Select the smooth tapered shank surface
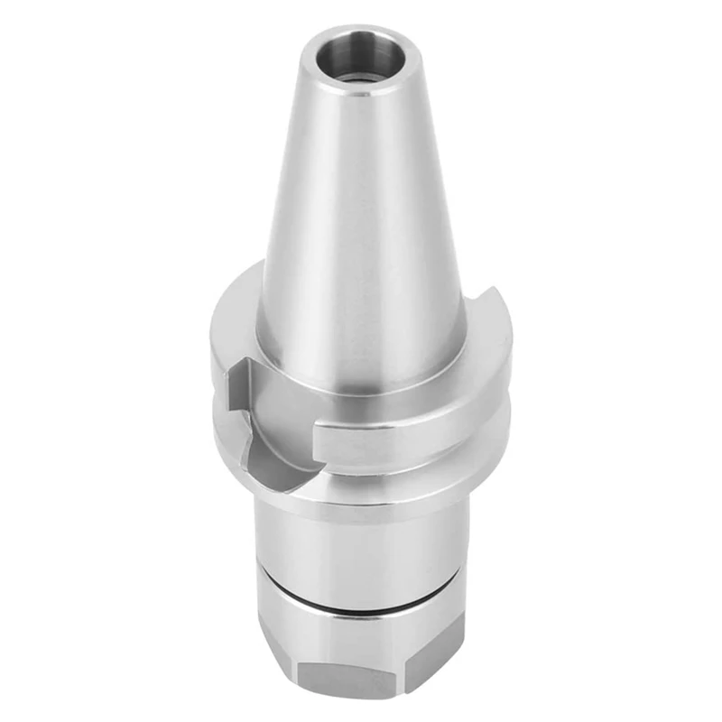pos(361,226)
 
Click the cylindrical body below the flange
pos(361,541)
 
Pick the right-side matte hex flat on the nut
pos(442,663)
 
